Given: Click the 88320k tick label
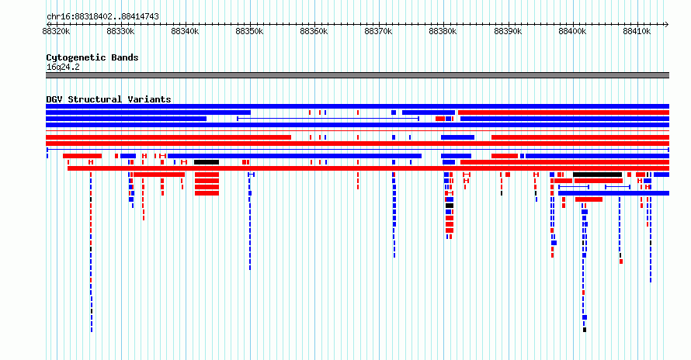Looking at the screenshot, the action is point(56,31).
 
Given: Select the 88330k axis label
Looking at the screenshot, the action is point(120,31).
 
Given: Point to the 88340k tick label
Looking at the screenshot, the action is point(185,31).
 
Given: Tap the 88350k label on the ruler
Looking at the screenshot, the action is point(249,31).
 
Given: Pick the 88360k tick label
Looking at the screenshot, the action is point(314,31).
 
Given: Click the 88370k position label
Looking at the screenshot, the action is point(378,31).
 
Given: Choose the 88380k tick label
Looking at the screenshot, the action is point(443,31).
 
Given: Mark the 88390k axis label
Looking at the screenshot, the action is point(508,31).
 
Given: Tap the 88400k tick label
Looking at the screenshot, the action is point(572,31).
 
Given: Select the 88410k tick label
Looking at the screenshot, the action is point(637,31).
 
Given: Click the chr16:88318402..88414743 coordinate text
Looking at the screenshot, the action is point(102,17).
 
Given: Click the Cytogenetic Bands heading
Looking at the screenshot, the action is point(92,57).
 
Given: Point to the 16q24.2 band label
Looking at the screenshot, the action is point(63,67).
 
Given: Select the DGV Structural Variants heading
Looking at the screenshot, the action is point(109,99).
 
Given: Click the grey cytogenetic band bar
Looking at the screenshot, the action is point(357,75).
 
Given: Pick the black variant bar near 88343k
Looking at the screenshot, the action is point(207,162).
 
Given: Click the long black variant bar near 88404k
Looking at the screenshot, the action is point(597,175).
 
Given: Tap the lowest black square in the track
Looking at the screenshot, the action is point(585,330).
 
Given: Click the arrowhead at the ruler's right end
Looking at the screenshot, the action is point(667,24).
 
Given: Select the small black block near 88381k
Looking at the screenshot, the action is point(450,206).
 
